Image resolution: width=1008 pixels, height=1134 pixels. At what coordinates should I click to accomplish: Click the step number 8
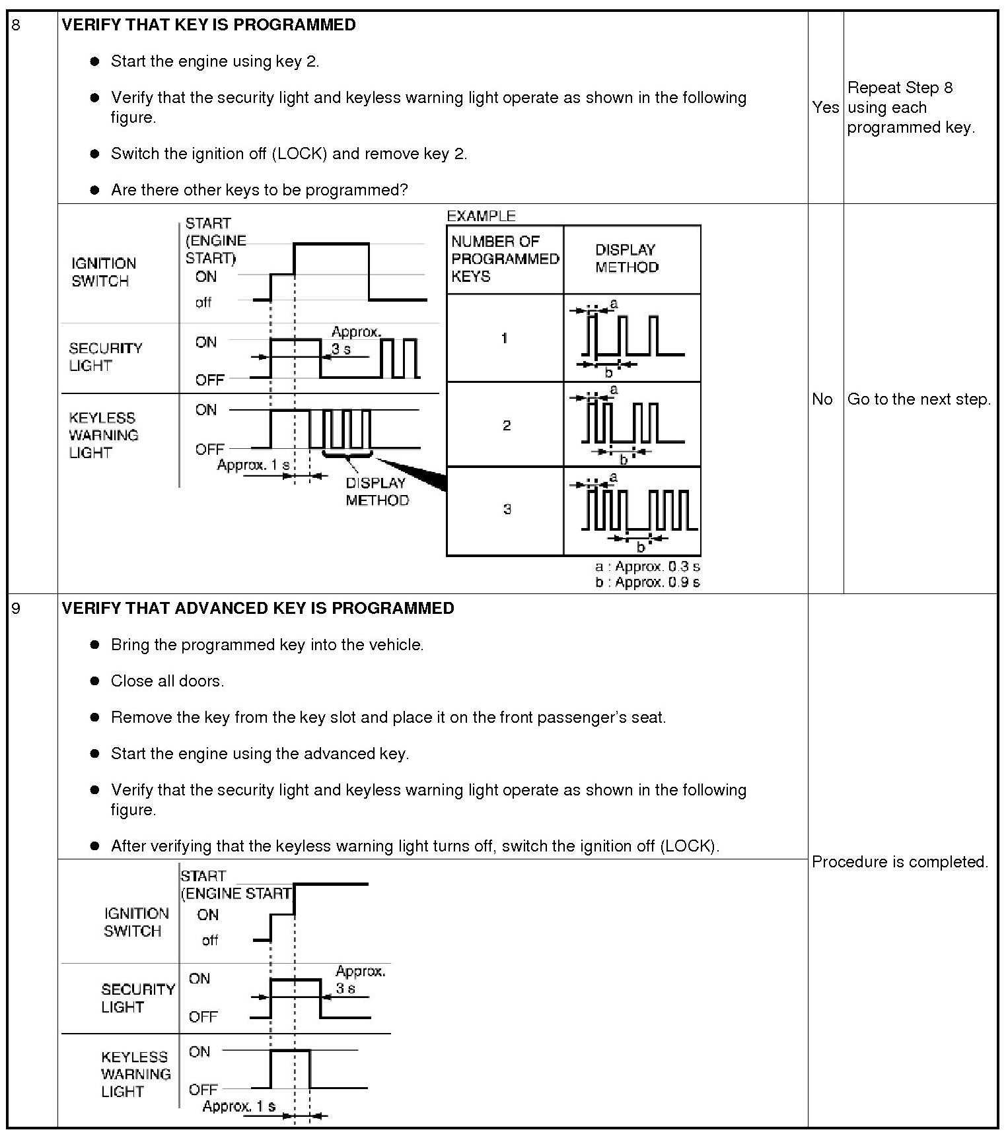[17, 25]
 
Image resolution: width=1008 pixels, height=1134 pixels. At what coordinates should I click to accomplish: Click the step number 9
[17, 608]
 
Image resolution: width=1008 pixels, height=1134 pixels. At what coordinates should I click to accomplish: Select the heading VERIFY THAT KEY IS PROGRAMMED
[209, 25]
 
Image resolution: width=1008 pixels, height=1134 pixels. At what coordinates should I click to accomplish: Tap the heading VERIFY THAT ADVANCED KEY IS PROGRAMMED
[258, 608]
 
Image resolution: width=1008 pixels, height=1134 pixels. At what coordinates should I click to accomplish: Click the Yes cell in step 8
[825, 107]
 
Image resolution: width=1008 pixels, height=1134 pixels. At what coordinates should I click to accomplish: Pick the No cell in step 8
[822, 399]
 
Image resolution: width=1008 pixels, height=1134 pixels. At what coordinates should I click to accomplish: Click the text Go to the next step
[919, 399]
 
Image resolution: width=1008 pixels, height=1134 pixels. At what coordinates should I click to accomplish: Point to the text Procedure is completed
[900, 861]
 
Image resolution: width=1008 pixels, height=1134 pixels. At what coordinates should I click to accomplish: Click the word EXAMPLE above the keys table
[481, 216]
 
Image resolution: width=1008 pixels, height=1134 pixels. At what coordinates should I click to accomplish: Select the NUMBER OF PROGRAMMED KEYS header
[505, 259]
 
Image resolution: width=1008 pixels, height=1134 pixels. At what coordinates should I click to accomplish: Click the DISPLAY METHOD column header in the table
[626, 259]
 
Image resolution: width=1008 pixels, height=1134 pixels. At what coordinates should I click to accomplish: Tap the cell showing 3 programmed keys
[507, 509]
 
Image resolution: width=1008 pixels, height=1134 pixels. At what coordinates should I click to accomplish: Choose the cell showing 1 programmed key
[505, 338]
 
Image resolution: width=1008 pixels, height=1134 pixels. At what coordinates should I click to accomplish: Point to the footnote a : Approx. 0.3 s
[647, 566]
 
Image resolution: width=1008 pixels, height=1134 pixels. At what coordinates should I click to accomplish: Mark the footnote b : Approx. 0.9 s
[647, 582]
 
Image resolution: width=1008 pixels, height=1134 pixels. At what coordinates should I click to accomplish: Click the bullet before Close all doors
[95, 681]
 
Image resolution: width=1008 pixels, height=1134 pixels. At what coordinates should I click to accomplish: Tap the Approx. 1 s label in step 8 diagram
[253, 465]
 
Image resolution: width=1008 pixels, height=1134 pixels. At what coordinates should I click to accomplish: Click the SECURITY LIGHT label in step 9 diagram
[137, 998]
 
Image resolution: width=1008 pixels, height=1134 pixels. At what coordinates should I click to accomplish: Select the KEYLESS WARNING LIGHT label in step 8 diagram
[104, 435]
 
